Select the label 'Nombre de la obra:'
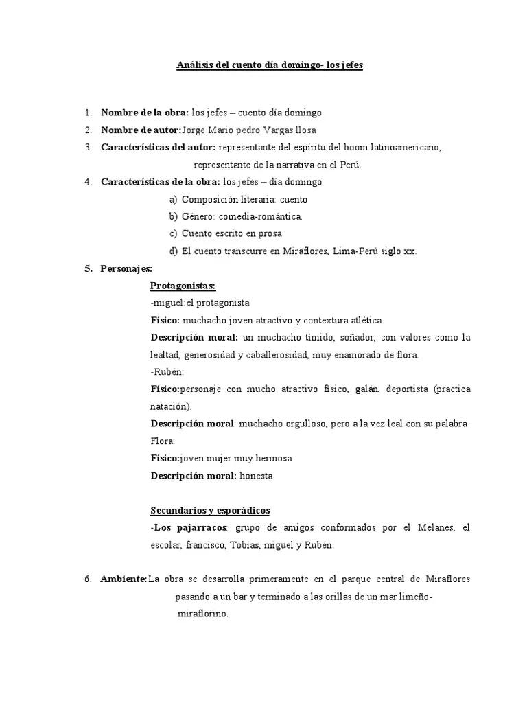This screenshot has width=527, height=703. point(145,113)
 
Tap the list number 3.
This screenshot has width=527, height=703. point(89,147)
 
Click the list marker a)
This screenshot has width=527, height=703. point(173,199)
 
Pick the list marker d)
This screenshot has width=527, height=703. point(173,251)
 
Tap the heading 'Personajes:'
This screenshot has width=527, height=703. point(126,268)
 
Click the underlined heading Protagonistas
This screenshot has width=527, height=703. point(183,286)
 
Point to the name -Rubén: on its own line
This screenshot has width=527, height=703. point(167,372)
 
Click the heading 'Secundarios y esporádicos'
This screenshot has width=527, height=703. point(210,510)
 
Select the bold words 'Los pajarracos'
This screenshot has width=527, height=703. point(191,527)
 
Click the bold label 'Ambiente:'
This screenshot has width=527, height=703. point(124,579)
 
